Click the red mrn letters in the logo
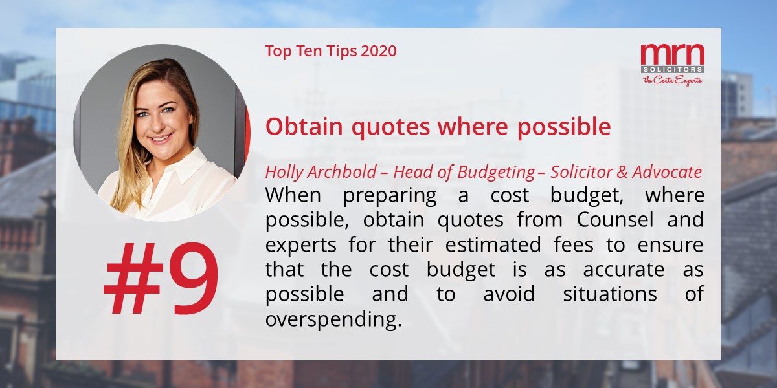tap(672, 54)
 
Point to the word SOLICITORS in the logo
tap(672, 69)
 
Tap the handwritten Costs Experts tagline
tap(672, 80)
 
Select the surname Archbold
tap(341, 173)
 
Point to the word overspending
tap(331, 319)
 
